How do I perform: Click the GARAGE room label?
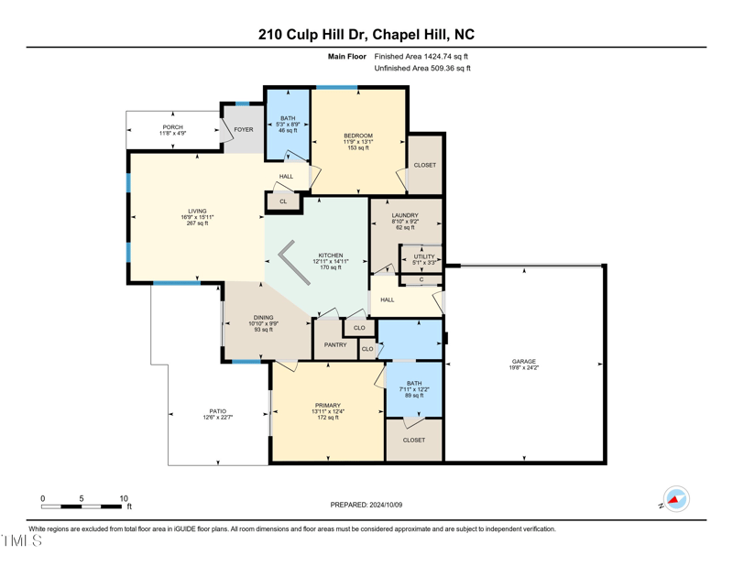[524, 362]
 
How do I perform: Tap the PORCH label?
[173, 127]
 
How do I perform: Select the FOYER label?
[243, 129]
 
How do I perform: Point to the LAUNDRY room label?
[405, 215]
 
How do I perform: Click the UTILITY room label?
[423, 257]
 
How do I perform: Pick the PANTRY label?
[335, 345]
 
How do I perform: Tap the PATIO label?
[217, 411]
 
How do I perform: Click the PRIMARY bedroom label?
[327, 406]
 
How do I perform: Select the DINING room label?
[264, 318]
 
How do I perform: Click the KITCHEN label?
[331, 256]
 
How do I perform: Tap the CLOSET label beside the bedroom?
[425, 165]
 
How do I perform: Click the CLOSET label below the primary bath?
[414, 440]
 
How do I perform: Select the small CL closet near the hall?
[283, 201]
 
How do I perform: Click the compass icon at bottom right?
[676, 499]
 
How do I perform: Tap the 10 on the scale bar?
[124, 498]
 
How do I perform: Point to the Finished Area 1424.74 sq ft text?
[421, 56]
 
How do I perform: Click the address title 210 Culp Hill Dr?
[366, 35]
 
